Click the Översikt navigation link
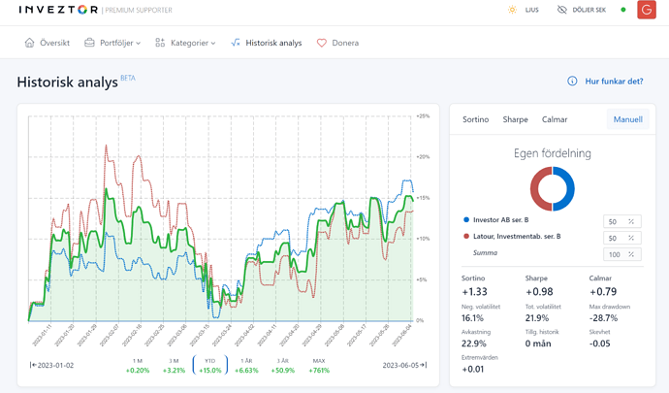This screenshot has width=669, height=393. point(47,43)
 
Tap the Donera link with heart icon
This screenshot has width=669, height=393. point(337,43)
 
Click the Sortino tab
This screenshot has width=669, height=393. point(475,119)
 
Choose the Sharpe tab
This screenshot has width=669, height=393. point(515,119)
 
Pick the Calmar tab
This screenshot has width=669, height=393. point(555,119)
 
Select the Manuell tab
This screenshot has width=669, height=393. point(627,119)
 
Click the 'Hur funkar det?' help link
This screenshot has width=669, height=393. point(605,82)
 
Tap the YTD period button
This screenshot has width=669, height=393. point(209,366)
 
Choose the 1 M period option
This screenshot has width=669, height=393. point(138,366)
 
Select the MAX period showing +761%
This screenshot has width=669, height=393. point(319,366)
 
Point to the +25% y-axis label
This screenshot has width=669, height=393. point(423,115)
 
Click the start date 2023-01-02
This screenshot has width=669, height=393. point(55,366)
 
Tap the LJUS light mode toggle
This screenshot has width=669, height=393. point(524,10)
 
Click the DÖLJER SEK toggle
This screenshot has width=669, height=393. point(581,10)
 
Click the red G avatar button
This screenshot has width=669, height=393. point(647,10)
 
